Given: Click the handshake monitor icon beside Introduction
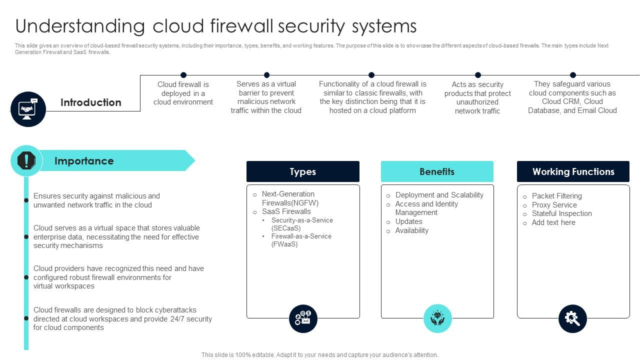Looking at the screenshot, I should (x=28, y=109).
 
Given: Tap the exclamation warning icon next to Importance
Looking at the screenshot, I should (x=26, y=161).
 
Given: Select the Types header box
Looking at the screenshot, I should (x=302, y=171).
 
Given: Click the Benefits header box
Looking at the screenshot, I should (x=437, y=171).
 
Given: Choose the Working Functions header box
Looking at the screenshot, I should (x=573, y=171).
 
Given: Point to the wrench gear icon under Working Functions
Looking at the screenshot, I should (x=572, y=318).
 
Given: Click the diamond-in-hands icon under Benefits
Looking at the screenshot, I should (x=437, y=318).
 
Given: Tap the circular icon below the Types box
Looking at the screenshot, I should (x=303, y=318).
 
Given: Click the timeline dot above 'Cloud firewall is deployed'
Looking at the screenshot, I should (x=183, y=75).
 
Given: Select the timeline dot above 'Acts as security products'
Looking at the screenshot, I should (x=478, y=75).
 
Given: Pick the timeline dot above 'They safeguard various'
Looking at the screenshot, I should (x=573, y=75).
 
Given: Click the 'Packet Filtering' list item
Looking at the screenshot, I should (x=556, y=196).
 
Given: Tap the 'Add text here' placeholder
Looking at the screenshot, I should (x=553, y=222).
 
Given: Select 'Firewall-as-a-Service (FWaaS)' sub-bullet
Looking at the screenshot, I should (x=301, y=240).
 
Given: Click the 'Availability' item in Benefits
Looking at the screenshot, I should (x=411, y=230).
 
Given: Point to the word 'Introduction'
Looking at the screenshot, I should (x=91, y=102).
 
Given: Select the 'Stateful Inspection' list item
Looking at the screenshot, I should (x=561, y=213).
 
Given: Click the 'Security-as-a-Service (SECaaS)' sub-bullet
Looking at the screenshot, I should (x=302, y=224).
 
